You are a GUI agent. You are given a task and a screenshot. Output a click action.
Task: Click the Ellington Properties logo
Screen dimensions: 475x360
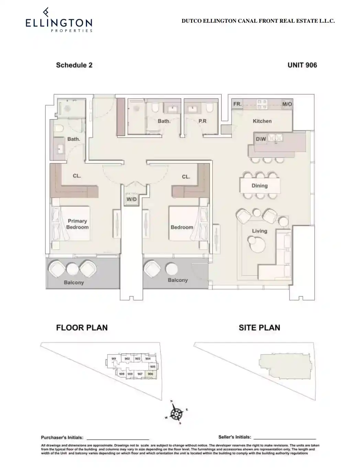pos(59,20)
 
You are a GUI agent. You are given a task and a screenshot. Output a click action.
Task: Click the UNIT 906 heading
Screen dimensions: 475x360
pos(302,65)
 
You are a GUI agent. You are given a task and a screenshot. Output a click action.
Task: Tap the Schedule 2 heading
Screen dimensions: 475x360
pos(74,65)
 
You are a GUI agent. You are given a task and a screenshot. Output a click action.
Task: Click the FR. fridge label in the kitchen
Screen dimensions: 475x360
pos(237,104)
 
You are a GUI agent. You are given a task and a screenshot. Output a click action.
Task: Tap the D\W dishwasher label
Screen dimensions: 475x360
pos(261,139)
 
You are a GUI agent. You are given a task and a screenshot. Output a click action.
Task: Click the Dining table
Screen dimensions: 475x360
pos(260,186)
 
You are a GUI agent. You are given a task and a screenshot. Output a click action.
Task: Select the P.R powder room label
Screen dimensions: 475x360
pos(202,121)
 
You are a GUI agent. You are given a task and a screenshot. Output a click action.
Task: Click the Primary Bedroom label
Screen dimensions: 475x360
pos(77,224)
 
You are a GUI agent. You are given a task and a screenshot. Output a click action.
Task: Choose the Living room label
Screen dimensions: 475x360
pos(259,231)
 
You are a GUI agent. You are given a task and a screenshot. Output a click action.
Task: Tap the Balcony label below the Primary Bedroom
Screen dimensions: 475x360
pos(74,283)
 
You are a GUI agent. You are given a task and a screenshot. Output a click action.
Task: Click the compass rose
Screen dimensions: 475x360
pos(176,415)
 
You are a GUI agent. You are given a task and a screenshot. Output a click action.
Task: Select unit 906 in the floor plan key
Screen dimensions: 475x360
pos(150,374)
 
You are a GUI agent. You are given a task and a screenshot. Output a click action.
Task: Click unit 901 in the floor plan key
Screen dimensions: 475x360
pos(114,359)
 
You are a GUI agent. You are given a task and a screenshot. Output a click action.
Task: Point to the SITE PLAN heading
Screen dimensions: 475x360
pos(259,328)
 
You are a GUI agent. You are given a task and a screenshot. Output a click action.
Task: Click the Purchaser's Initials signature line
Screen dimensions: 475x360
pos(118,439)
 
